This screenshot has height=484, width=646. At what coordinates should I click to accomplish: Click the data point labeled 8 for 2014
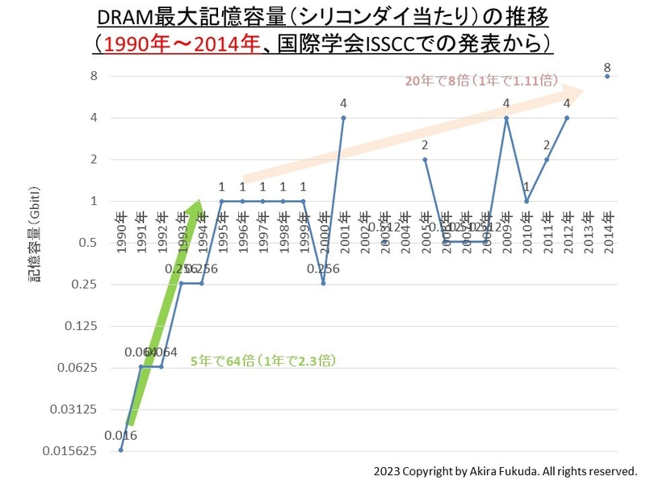[607, 76]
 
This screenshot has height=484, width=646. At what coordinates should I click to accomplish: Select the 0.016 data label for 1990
[120, 436]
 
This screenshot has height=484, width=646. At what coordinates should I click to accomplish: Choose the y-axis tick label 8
[94, 76]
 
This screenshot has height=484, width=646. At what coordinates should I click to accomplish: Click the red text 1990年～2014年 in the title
[176, 42]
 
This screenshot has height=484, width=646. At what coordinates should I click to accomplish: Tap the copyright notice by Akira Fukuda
[505, 470]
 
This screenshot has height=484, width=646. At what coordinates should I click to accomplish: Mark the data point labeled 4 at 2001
[343, 118]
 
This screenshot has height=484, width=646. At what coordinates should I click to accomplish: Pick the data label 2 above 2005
[425, 145]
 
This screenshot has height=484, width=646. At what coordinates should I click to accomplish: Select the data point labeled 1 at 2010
[526, 201]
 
